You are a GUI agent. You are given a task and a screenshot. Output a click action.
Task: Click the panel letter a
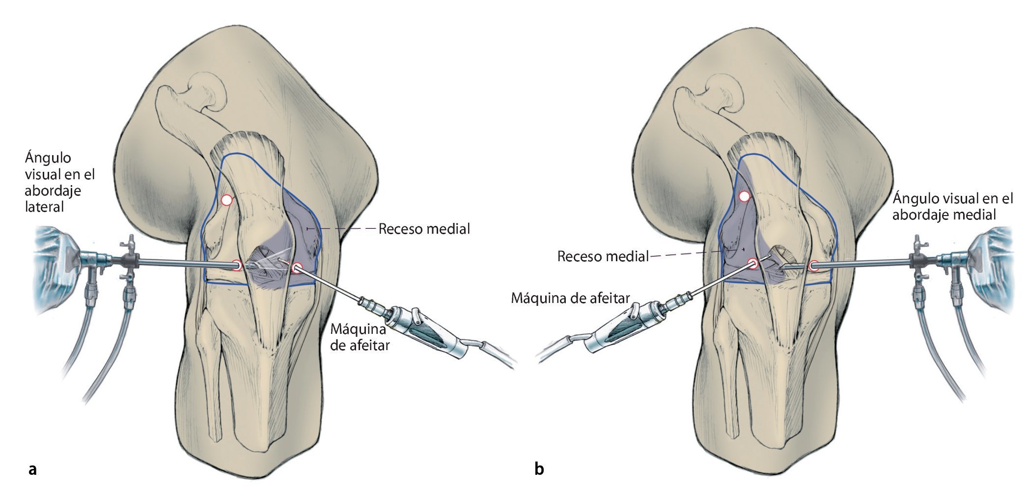coord(33,469)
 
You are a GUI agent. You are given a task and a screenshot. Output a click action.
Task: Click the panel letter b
coord(539,469)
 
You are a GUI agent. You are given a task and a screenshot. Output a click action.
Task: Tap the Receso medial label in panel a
coord(424,229)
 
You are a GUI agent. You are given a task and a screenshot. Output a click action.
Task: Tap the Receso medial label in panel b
coord(603,256)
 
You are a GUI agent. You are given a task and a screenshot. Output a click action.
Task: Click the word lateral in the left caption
coord(44,207)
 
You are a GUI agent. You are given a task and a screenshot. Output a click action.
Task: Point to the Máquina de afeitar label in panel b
coord(570,298)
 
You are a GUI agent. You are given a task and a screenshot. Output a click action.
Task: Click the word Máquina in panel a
coord(358,328)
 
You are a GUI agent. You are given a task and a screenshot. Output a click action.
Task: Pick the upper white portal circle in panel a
coord(226,200)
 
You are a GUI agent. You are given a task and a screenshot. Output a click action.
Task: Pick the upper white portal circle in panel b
coord(745,197)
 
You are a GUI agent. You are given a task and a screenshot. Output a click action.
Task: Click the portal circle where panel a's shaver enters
coord(297,268)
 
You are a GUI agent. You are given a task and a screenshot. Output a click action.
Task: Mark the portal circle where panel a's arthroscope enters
coord(237,266)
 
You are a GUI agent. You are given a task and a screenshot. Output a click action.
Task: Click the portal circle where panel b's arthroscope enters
coord(814,266)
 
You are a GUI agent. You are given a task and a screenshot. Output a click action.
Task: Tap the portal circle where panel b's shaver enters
coord(753,264)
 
